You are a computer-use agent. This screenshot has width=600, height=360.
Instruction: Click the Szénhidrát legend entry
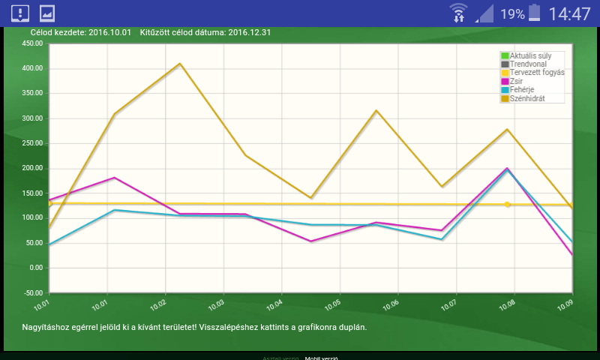coord(527,98)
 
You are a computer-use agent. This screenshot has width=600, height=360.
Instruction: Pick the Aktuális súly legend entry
coord(530,56)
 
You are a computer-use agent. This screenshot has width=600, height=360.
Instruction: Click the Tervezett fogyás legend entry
coord(537,73)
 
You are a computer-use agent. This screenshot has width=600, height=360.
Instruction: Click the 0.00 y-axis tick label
coord(35,268)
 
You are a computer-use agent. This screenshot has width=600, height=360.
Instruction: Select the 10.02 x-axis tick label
coord(157,305)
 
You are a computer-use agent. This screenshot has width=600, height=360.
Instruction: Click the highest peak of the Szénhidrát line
coord(180,64)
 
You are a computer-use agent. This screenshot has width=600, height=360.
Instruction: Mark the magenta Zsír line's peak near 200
coord(508,169)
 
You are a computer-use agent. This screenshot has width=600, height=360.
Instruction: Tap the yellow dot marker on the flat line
coord(508,204)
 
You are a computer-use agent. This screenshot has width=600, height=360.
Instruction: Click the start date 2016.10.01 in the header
coord(109,33)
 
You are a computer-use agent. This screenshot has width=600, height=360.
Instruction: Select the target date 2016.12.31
coord(249,33)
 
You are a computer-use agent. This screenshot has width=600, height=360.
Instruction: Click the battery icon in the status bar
coord(534,13)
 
